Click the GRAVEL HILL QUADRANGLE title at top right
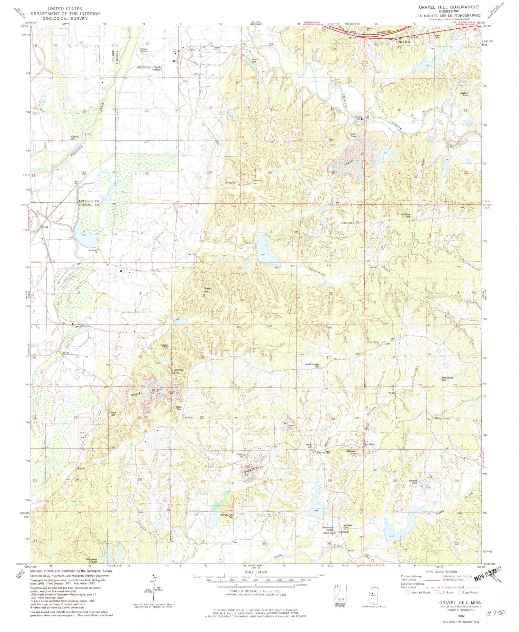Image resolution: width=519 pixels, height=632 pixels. (449, 7)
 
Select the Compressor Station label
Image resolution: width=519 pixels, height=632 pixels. (328, 529)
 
